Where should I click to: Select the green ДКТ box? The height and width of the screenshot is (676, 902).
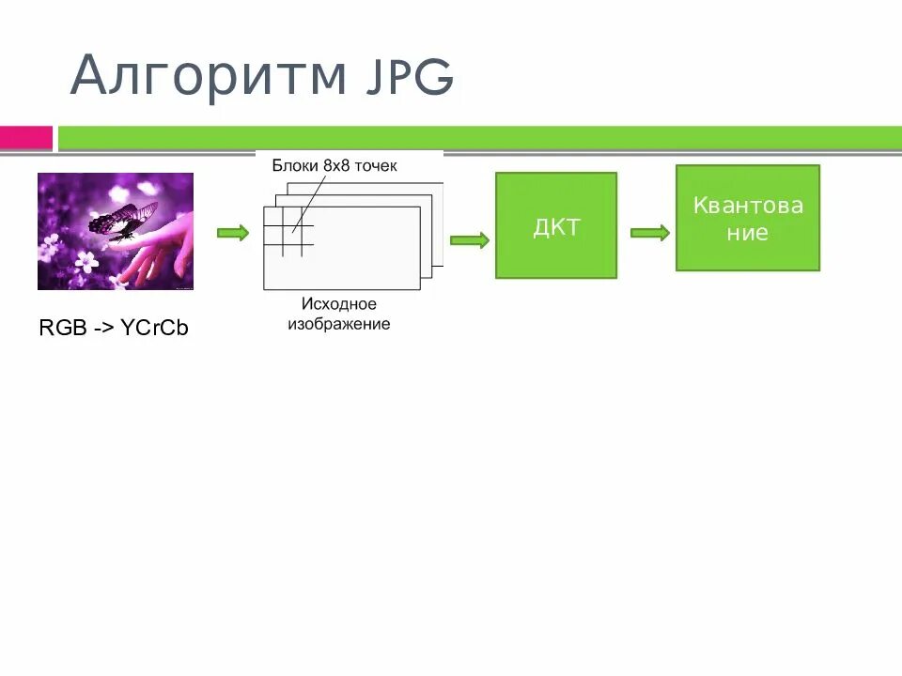click(x=556, y=225)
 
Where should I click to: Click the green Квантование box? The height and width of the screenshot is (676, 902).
click(x=748, y=218)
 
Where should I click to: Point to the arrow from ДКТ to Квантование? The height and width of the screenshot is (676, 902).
click(x=649, y=233)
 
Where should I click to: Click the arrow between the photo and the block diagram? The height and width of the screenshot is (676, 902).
click(x=233, y=233)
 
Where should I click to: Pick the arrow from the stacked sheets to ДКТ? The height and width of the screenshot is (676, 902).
click(x=470, y=240)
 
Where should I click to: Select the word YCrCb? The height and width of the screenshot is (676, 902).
click(x=155, y=328)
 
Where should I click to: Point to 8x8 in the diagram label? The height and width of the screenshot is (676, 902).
click(x=335, y=165)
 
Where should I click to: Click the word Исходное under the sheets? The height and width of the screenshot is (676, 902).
click(x=339, y=304)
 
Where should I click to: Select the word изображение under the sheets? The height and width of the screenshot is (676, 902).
click(x=340, y=324)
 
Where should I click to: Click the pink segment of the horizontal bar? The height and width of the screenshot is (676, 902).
click(x=25, y=138)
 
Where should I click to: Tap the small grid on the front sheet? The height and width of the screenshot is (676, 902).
click(x=288, y=231)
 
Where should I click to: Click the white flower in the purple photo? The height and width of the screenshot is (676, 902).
click(x=86, y=257)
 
